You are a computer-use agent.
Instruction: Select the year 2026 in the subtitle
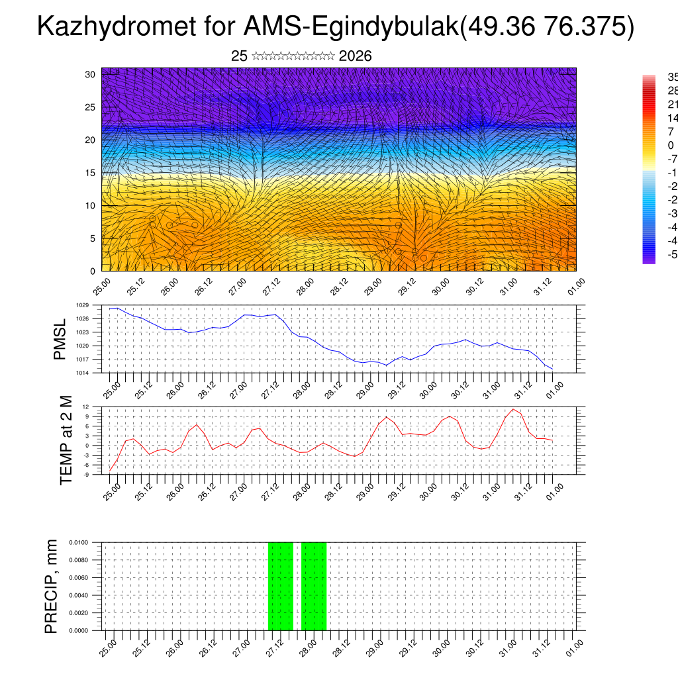[355, 56]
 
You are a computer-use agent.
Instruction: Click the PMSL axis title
[60, 339]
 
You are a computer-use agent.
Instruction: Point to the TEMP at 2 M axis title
[66, 441]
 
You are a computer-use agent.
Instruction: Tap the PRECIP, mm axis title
[52, 586]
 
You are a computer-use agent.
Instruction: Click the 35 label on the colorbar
[671, 77]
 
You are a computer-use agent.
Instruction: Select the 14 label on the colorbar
[671, 118]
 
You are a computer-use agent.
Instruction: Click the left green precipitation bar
[280, 586]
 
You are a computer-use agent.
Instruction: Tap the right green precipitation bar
[314, 586]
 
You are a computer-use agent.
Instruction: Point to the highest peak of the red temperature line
[512, 409]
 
